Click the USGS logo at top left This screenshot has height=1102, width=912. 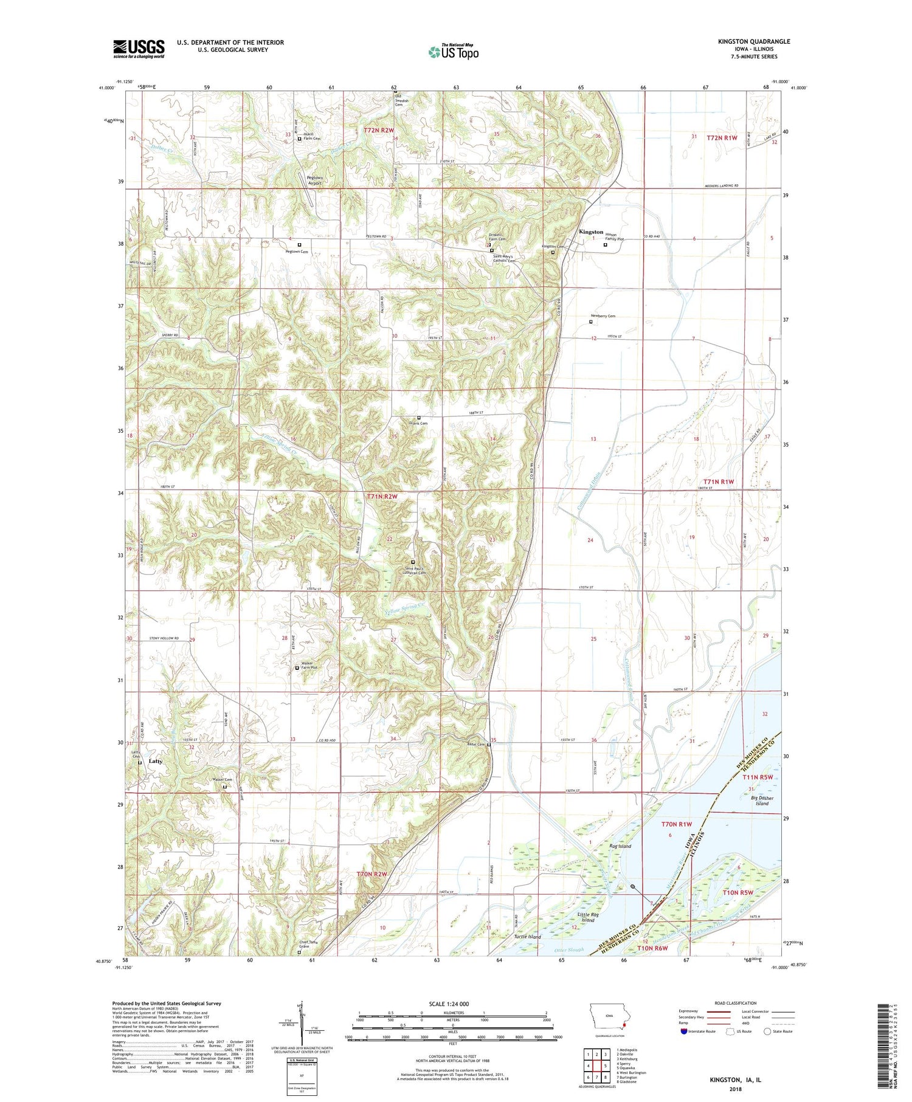(139, 49)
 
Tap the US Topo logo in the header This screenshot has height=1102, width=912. (453, 52)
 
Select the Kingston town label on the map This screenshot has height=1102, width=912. (591, 232)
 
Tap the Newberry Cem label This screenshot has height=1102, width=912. (603, 316)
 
